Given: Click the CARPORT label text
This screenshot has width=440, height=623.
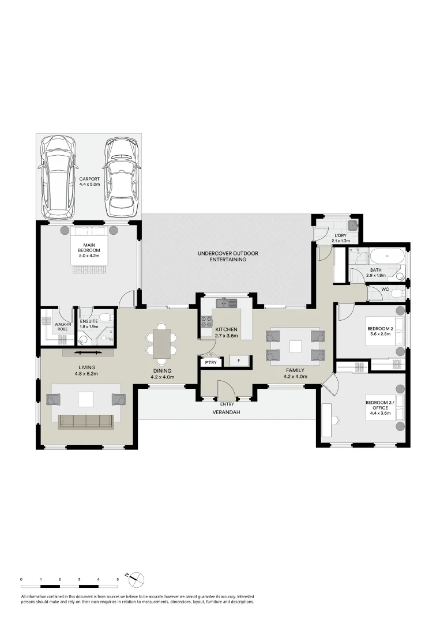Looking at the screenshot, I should pyautogui.click(x=89, y=182).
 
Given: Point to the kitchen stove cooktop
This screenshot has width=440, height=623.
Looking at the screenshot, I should pyautogui.click(x=206, y=322).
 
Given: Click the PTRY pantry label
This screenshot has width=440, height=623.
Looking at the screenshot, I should pyautogui.click(x=208, y=362).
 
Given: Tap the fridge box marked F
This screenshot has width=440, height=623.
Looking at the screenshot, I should pyautogui.click(x=238, y=361).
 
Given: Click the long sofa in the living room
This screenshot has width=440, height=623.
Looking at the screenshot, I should pyautogui.click(x=86, y=422).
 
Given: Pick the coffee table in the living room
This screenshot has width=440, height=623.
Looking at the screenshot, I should pyautogui.click(x=86, y=399).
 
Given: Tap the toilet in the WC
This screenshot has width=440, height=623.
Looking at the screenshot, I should pyautogui.click(x=396, y=294).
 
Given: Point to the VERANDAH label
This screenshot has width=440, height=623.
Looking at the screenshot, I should pyautogui.click(x=225, y=412).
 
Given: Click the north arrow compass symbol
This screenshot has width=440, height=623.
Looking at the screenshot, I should pyautogui.click(x=137, y=579).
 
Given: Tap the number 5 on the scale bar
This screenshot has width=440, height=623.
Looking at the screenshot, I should pyautogui.click(x=118, y=578).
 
